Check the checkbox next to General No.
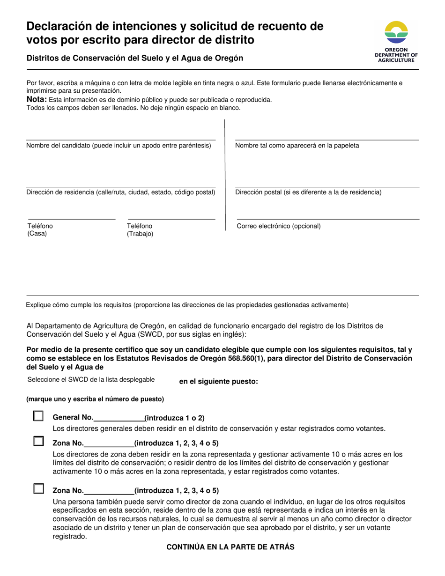pyautogui.click(x=38, y=416)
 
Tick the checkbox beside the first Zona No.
pyautogui.click(x=38, y=441)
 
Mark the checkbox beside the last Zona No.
pyautogui.click(x=38, y=489)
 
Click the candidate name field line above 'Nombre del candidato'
pyautogui.click(x=121, y=135)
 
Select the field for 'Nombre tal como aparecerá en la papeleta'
pyautogui.click(x=326, y=135)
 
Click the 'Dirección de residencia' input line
pyautogui.click(x=121, y=182)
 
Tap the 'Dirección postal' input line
pyautogui.click(x=326, y=182)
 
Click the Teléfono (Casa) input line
pyautogui.click(x=72, y=215)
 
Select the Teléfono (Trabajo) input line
pyautogui.click(x=171, y=215)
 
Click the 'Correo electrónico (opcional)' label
pyautogui.click(x=279, y=226)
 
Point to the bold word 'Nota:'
pyautogui.click(x=37, y=99)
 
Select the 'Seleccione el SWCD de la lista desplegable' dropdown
pyautogui.click(x=91, y=379)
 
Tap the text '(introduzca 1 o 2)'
pyautogui.click(x=174, y=418)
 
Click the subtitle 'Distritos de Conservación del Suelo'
pyautogui.click(x=135, y=59)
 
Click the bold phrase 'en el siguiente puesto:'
pyautogui.click(x=218, y=381)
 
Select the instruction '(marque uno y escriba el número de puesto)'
pyautogui.click(x=95, y=399)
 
